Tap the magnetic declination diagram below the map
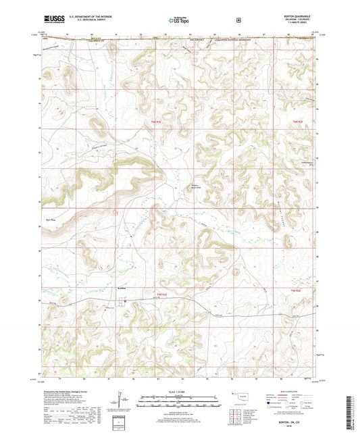click(120, 403)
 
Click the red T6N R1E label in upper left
click(155, 122)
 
